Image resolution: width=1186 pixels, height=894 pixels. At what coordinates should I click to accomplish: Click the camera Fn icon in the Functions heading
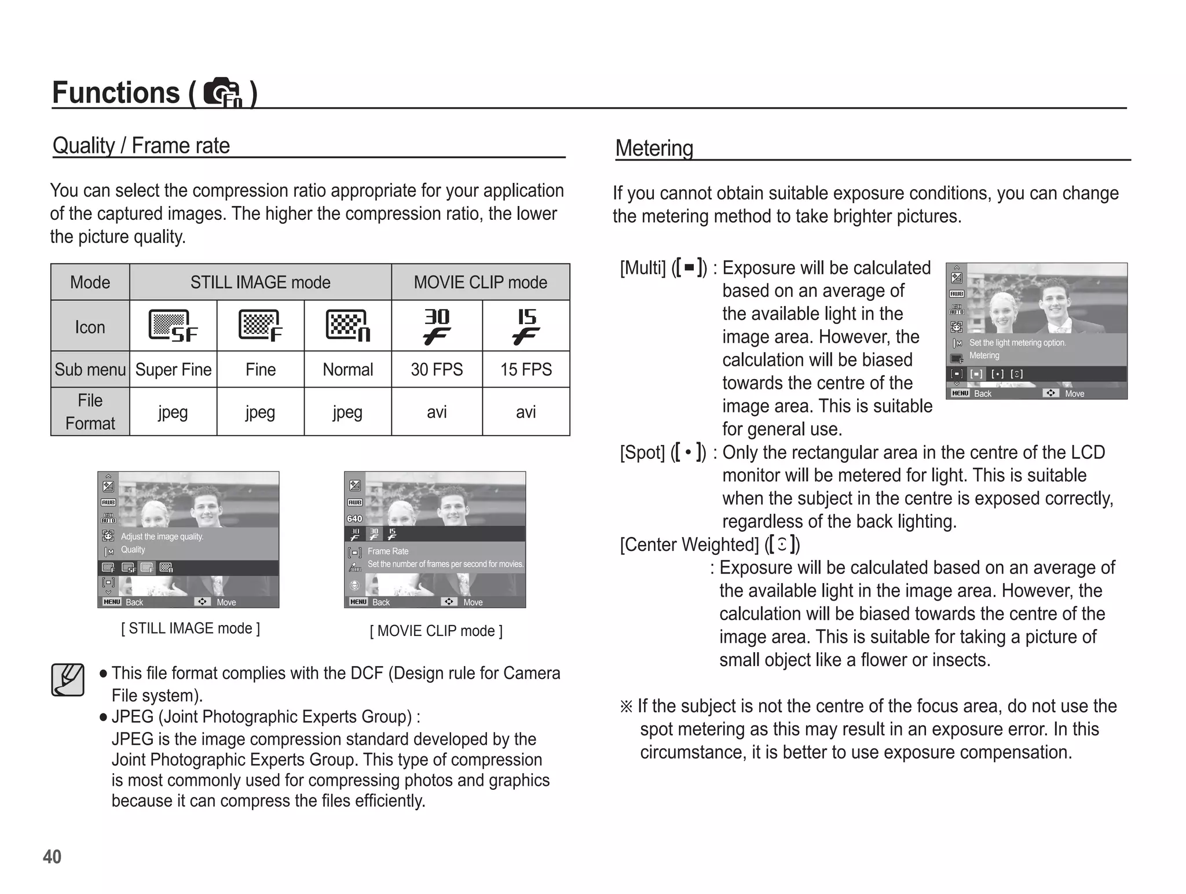[223, 93]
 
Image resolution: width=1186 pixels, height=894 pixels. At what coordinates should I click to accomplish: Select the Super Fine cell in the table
[173, 369]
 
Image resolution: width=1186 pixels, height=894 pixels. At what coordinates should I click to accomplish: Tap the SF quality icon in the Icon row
[173, 326]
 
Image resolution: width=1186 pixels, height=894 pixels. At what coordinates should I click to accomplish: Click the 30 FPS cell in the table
[437, 369]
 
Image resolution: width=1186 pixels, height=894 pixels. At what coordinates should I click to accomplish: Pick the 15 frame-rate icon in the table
[526, 326]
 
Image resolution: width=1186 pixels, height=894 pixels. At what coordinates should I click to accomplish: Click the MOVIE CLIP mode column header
[480, 282]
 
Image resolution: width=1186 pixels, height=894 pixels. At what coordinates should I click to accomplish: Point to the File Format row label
[90, 411]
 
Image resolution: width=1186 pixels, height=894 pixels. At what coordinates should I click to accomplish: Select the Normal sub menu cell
[347, 369]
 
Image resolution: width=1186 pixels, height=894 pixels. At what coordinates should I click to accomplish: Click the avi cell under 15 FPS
[526, 412]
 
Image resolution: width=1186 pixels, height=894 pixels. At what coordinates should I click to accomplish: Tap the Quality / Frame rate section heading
[141, 146]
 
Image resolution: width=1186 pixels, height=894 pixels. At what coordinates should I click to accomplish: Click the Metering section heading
[654, 148]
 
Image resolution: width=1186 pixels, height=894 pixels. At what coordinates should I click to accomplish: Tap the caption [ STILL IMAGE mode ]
[191, 628]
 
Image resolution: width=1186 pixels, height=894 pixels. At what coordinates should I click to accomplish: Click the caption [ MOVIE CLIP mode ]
[436, 631]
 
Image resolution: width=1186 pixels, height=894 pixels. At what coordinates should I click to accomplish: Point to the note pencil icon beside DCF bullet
[68, 679]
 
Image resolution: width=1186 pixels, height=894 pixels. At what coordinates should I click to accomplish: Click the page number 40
[52, 856]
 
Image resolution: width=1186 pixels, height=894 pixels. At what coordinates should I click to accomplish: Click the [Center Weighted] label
[689, 545]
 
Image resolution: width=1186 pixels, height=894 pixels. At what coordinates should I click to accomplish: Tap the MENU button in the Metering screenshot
[960, 393]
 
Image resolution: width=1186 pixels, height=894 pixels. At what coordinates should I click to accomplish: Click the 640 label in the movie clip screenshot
[354, 518]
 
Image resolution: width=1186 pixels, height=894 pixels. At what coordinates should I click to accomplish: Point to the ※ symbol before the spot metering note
[626, 707]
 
